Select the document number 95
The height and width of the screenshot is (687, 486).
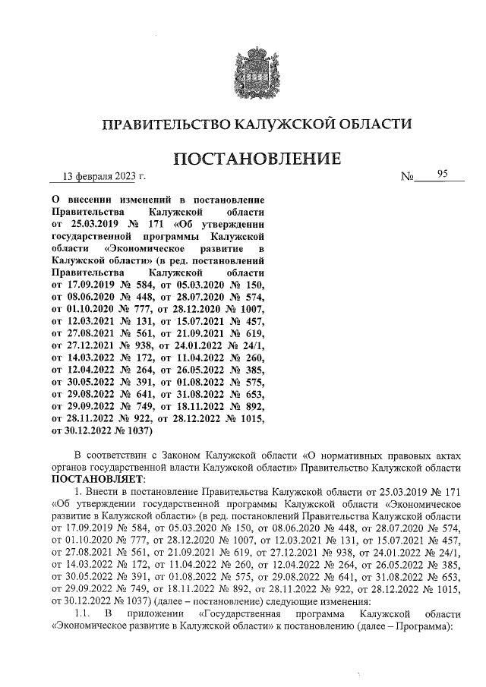[x=443, y=176]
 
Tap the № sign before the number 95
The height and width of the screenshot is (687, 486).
[x=409, y=179]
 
